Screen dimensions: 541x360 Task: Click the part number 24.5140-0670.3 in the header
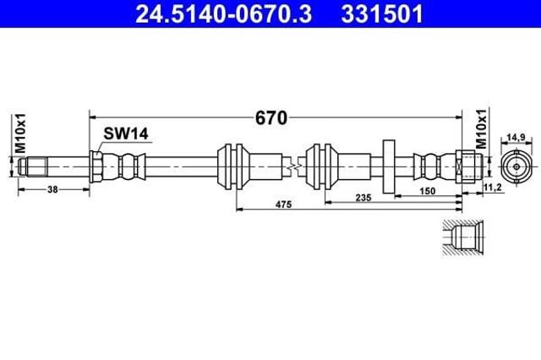coord(223,14)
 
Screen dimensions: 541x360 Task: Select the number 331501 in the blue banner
coord(382,14)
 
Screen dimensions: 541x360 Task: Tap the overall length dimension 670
coord(271,118)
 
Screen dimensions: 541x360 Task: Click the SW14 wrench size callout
coord(126,134)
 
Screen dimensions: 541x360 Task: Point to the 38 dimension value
coord(52,189)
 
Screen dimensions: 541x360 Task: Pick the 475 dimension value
coord(284,205)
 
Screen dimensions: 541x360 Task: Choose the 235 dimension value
coord(363,198)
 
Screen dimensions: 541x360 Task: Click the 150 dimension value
coord(428,191)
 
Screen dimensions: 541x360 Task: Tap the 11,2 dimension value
coord(493,188)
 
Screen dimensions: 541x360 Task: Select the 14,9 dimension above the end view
coord(516,137)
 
